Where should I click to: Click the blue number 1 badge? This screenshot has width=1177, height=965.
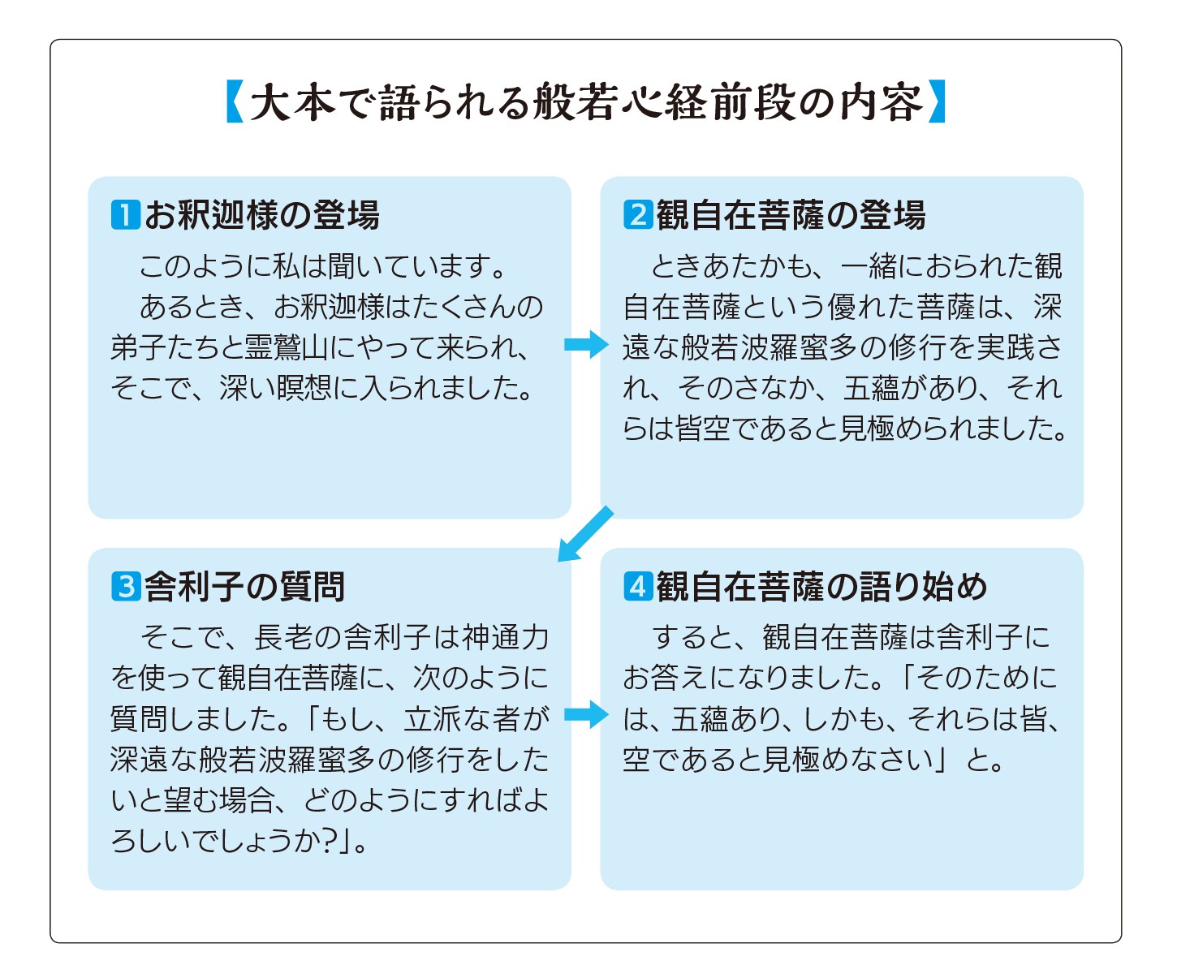(x=125, y=215)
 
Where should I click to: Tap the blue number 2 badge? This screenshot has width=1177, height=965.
(x=638, y=215)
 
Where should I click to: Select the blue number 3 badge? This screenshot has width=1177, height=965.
(x=125, y=586)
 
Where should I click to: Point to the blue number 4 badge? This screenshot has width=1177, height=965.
(x=638, y=586)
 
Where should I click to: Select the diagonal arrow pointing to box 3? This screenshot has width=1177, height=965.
(x=584, y=534)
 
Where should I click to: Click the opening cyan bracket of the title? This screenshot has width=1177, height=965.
(x=235, y=101)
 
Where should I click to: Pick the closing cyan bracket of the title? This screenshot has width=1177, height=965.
(x=937, y=101)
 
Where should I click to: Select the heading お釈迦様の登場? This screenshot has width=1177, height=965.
(x=261, y=216)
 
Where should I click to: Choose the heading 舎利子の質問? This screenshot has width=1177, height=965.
(x=244, y=587)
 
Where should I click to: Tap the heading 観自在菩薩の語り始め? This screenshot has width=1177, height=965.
(x=821, y=587)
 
